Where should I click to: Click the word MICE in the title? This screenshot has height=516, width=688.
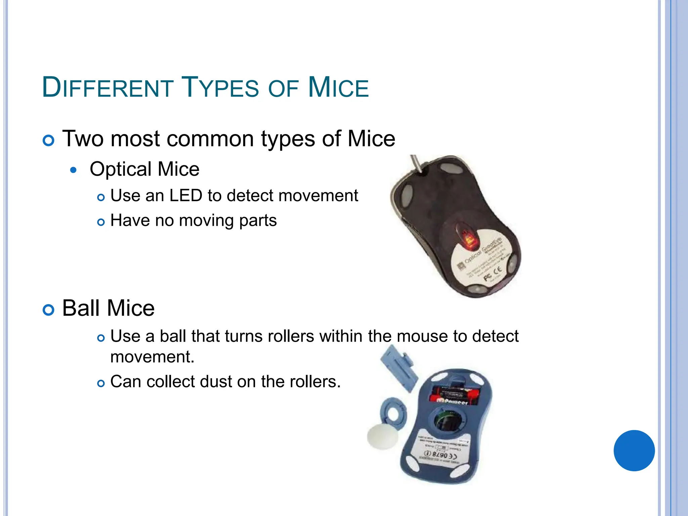[x=338, y=88]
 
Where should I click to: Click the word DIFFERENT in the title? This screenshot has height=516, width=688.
[x=107, y=88]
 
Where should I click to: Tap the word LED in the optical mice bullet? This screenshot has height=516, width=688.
[x=186, y=196]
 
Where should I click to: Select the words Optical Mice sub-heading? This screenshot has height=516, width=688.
[x=144, y=169]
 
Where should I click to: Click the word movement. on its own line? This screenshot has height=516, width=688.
[x=152, y=357]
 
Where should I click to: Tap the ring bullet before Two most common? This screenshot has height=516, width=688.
[x=49, y=140]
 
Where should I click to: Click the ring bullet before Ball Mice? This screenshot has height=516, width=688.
[x=49, y=310]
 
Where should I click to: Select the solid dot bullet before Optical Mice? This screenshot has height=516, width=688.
[x=74, y=170]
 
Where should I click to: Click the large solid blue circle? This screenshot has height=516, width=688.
[x=634, y=450]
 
